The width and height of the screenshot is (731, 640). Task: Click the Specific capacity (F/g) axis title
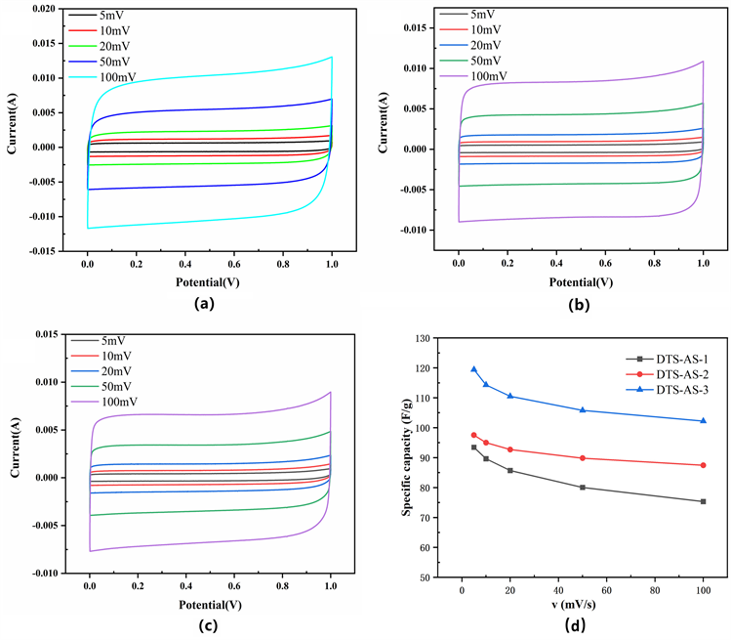(406, 458)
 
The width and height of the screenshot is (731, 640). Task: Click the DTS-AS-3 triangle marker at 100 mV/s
(703, 421)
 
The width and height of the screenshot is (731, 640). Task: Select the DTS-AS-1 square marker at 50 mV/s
(583, 488)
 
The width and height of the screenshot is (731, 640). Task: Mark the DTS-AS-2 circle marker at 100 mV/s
(703, 465)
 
